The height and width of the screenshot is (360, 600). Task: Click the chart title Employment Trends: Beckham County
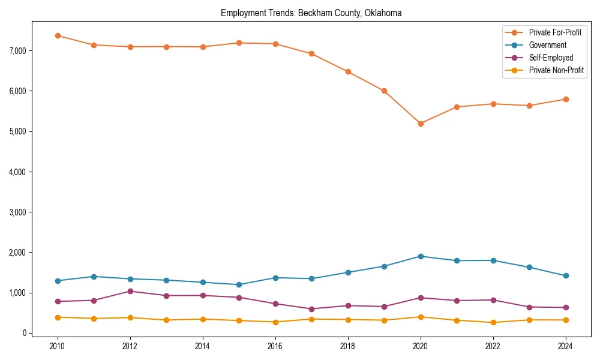(x=311, y=13)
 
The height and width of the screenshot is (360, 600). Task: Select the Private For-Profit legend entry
(x=555, y=32)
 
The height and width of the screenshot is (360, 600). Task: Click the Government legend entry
(x=547, y=45)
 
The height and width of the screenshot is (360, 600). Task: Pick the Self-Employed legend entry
(x=551, y=58)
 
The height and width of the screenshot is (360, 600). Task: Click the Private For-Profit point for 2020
(x=421, y=124)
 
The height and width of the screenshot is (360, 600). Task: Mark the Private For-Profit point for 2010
(x=58, y=35)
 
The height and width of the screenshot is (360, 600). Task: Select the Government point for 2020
(x=421, y=256)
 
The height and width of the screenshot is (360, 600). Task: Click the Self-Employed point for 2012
(x=130, y=291)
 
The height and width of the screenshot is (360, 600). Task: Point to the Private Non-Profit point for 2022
(x=493, y=322)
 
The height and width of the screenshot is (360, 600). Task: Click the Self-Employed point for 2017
(x=311, y=309)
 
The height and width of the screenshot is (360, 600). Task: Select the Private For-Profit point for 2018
(x=348, y=71)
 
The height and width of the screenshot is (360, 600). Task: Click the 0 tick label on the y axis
(x=24, y=333)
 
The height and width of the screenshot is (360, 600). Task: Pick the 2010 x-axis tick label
(x=58, y=346)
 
